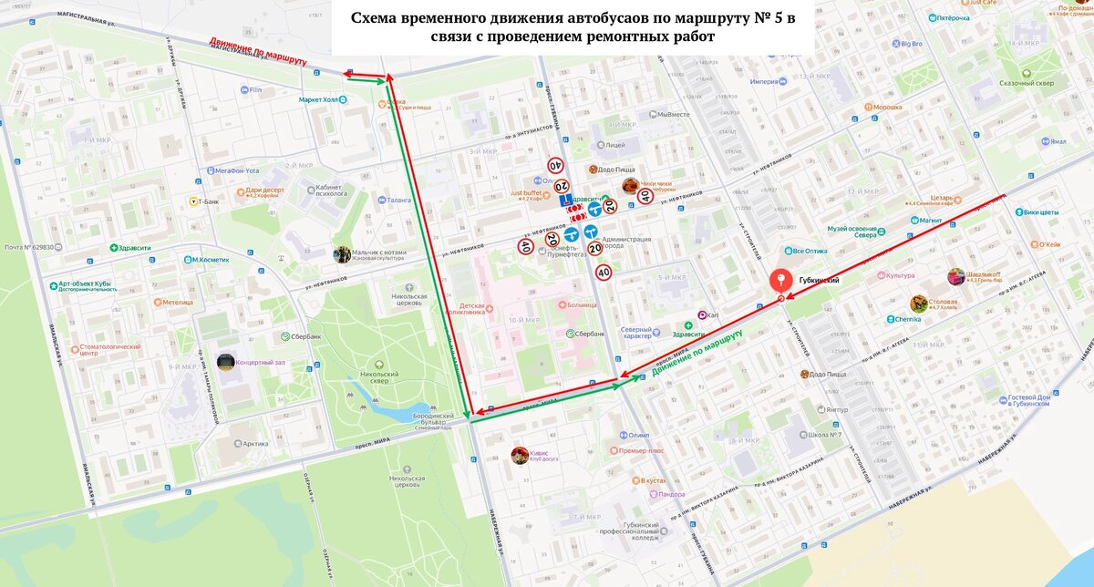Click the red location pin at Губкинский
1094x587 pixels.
[780, 282]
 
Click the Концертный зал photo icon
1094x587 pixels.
[225, 362]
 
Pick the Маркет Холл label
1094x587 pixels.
[324, 98]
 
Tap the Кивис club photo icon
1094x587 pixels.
[519, 454]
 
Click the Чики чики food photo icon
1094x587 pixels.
[629, 185]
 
